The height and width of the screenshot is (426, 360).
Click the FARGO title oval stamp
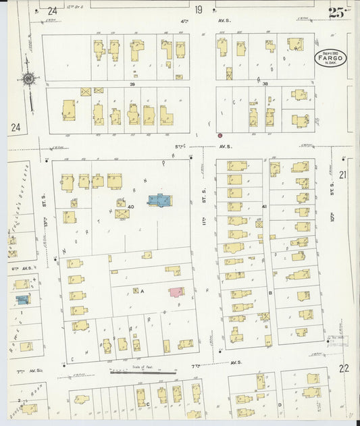click(330, 57)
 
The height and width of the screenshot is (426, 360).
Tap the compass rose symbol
click(29, 79)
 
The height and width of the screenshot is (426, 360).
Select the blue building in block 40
click(159, 200)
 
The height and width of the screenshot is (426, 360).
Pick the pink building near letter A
click(176, 291)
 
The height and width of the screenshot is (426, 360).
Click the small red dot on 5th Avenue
click(220, 136)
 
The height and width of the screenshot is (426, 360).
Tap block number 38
click(265, 84)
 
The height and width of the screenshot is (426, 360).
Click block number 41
click(265, 206)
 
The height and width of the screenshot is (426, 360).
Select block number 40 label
click(130, 207)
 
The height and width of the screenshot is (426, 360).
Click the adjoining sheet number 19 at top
click(198, 9)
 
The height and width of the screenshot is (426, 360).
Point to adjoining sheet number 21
click(343, 175)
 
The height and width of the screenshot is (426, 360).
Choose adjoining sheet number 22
click(344, 368)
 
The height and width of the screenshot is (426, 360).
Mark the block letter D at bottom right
click(279, 404)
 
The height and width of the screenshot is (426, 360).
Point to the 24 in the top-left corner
click(52, 11)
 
